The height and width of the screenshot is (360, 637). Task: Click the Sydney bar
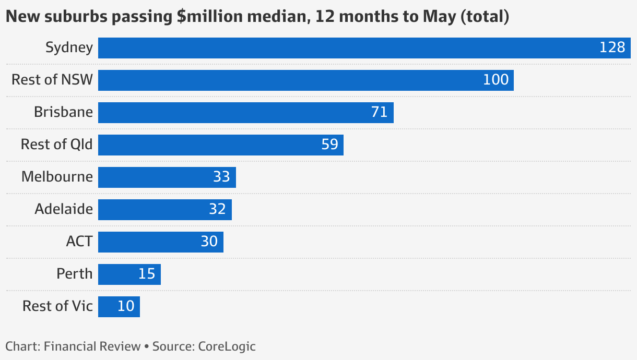click(x=345, y=48)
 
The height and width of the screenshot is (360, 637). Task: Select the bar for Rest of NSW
click(x=292, y=80)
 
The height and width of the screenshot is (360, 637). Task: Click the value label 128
click(x=612, y=48)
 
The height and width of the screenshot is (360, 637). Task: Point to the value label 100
click(x=496, y=80)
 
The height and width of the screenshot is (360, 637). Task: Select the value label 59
click(x=330, y=145)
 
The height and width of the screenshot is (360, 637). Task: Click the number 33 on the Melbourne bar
click(x=221, y=177)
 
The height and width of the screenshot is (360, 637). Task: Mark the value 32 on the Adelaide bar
click(x=217, y=210)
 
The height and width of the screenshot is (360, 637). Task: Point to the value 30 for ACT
click(x=209, y=242)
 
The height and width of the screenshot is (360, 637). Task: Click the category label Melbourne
click(x=57, y=177)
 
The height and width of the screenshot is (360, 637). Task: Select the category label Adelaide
click(x=64, y=209)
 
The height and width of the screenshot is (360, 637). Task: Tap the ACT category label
click(x=79, y=242)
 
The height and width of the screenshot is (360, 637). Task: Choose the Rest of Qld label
click(x=56, y=145)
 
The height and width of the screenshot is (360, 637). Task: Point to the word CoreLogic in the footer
click(x=227, y=346)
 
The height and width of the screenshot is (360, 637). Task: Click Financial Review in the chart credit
click(x=92, y=346)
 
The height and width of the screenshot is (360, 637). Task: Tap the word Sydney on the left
click(x=69, y=48)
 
